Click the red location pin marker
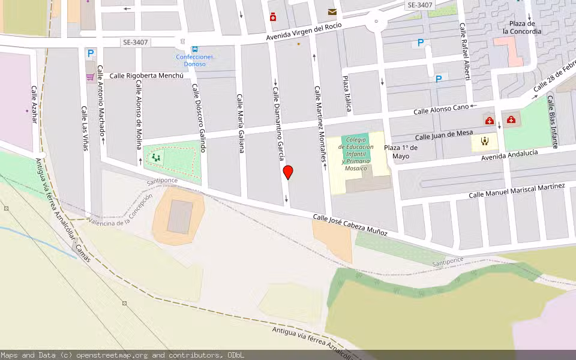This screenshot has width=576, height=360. click(288, 172)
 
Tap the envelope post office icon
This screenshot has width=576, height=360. click(332, 12)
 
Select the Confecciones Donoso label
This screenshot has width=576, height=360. click(194, 61)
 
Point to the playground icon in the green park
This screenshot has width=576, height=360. click(156, 158)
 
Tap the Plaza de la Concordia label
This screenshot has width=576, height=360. click(521, 28)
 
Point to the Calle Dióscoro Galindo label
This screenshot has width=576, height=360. click(199, 118)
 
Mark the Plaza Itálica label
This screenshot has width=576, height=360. click(347, 94)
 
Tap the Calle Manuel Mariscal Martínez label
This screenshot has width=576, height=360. click(517, 191)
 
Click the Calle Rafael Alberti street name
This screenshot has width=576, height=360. click(464, 52)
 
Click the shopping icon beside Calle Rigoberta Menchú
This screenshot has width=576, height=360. click(90, 77)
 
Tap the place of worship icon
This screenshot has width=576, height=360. click(485, 142)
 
